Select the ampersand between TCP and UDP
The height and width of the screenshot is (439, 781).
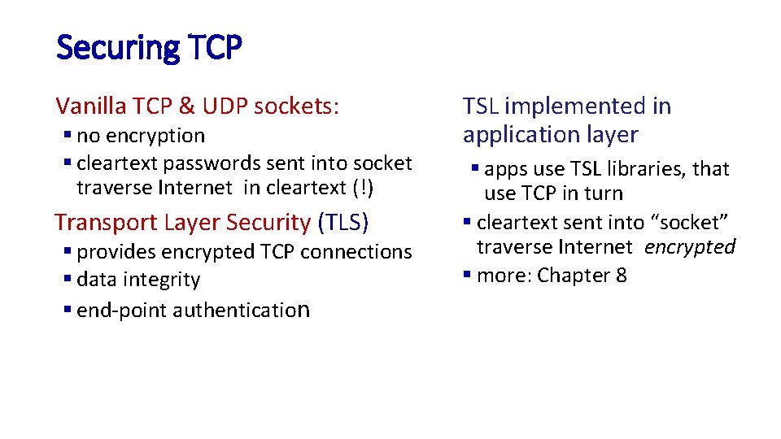(185, 106)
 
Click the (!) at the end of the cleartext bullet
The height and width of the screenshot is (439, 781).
(363, 188)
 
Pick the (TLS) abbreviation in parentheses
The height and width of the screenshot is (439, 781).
(343, 222)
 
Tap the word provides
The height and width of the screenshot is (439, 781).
(115, 252)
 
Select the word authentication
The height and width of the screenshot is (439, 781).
(241, 310)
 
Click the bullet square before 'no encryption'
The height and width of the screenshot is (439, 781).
(67, 136)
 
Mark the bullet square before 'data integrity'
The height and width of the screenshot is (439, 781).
(67, 280)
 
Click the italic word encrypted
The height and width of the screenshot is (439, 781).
(690, 247)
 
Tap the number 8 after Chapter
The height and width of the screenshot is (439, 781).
(622, 276)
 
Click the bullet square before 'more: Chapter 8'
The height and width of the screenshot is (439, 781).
(467, 276)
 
